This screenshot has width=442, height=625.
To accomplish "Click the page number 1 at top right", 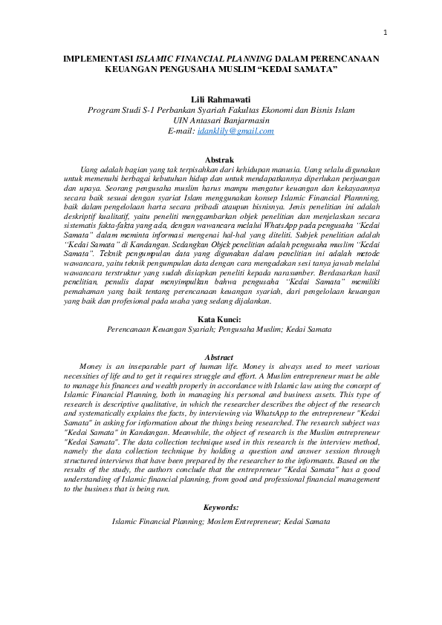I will pyautogui.click(x=386, y=32).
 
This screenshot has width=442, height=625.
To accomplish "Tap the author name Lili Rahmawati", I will pyautogui.click(x=221, y=99).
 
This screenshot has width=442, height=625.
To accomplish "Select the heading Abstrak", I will pyautogui.click(x=221, y=160).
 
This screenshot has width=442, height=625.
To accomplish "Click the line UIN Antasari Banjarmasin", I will pyautogui.click(x=221, y=120).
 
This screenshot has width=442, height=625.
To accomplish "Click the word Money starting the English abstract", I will pyautogui.click(x=92, y=367).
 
